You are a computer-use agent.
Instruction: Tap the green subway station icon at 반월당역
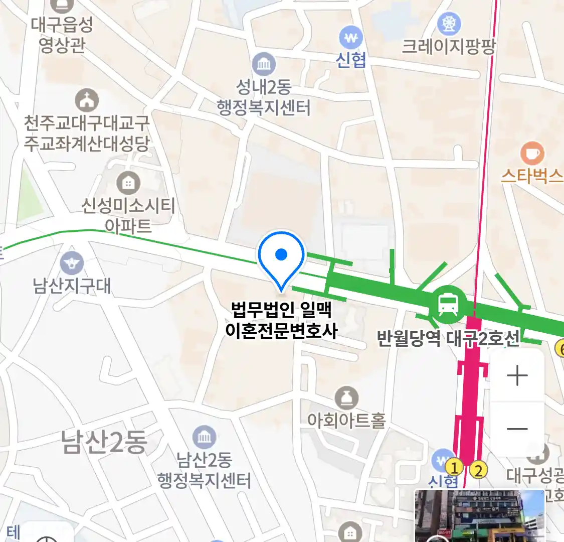coord(448,304)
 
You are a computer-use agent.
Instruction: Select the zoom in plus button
coord(517,376)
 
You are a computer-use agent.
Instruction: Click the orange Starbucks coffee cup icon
coord(532,154)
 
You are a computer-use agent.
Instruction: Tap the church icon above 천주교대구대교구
coord(87,100)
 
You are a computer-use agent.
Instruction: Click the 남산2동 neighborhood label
coord(104,442)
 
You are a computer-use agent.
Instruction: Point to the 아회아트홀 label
coord(346,421)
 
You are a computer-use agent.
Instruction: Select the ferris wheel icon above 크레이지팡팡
coord(449,23)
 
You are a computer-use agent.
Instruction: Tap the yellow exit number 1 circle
coord(455,468)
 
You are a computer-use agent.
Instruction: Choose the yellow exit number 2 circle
coord(478,470)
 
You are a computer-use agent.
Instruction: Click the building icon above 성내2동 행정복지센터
coord(264,64)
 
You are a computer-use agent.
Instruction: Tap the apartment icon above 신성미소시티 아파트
coord(128,183)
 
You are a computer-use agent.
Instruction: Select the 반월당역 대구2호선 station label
coord(447,339)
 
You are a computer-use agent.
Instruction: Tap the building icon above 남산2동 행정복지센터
coord(204,438)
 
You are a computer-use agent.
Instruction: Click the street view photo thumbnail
coord(479,516)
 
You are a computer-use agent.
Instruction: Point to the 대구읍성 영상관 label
coord(62,35)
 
